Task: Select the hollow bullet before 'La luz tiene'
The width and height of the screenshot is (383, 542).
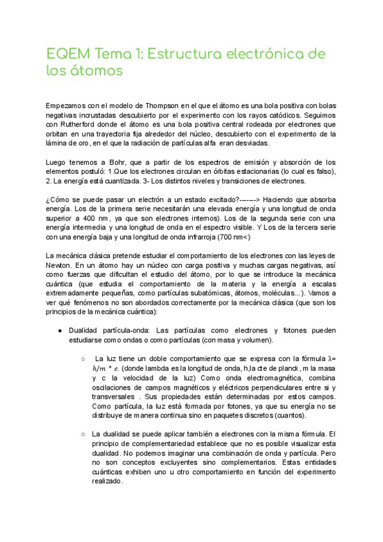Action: click(84, 359)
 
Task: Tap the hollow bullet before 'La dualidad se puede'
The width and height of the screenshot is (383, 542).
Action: click(84, 434)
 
